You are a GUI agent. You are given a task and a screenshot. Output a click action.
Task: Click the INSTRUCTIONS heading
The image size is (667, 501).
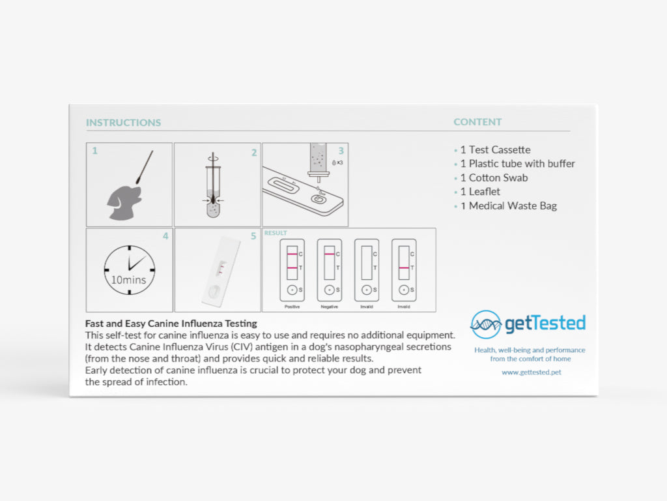pyautogui.click(x=123, y=123)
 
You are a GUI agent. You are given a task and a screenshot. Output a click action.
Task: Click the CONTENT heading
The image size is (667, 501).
pyautogui.click(x=477, y=122)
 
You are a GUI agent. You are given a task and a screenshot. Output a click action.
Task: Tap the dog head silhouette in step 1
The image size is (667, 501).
pyautogui.click(x=124, y=202)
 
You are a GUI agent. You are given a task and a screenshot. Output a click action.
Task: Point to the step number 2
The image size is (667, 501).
pyautogui.click(x=254, y=153)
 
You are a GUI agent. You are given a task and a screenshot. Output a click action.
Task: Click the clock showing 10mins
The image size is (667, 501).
pyautogui.click(x=130, y=269)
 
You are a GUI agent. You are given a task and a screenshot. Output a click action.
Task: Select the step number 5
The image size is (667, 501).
pyautogui.click(x=253, y=236)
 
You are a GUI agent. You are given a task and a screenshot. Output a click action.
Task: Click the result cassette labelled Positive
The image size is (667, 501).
pyautogui.click(x=292, y=270)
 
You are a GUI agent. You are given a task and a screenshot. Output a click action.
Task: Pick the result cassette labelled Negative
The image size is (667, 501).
pyautogui.click(x=329, y=270)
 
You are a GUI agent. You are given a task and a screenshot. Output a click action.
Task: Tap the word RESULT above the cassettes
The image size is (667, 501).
pyautogui.click(x=276, y=233)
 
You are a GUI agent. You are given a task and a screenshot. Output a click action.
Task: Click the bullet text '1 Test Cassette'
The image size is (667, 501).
pyautogui.click(x=495, y=150)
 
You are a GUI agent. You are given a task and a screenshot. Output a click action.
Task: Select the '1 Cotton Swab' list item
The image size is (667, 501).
pyautogui.click(x=494, y=177)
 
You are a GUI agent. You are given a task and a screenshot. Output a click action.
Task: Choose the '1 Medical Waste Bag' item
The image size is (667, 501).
pyautogui.click(x=508, y=205)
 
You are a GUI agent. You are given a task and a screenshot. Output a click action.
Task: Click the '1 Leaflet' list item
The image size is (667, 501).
pyautogui.click(x=480, y=192)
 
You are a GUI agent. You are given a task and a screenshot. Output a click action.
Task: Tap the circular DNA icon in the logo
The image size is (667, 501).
pyautogui.click(x=486, y=325)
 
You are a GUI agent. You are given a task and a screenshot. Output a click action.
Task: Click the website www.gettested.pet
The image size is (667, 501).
pyautogui.click(x=532, y=372)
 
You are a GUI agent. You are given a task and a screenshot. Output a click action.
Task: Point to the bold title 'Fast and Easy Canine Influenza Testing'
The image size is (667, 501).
pyautogui.click(x=171, y=324)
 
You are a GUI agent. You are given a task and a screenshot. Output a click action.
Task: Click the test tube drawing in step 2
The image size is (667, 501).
pyautogui.click(x=213, y=185)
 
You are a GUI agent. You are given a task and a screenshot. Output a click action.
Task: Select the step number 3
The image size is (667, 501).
pyautogui.click(x=341, y=151)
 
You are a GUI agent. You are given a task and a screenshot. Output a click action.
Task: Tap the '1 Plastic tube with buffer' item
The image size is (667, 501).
pyautogui.click(x=517, y=164)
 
